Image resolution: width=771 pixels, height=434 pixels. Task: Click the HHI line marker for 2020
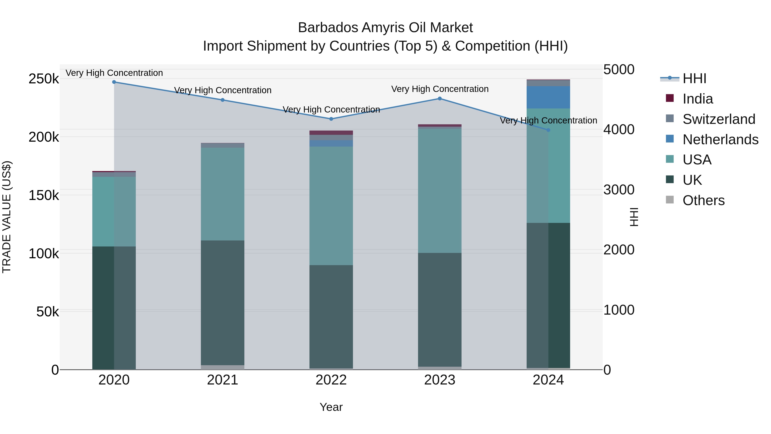coord(114,82)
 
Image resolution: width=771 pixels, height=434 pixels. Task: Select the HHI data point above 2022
coord(331,119)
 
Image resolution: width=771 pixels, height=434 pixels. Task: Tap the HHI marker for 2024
coord(548,130)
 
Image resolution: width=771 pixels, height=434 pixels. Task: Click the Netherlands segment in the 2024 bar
coord(548,97)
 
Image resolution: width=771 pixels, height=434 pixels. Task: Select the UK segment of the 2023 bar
coord(439,309)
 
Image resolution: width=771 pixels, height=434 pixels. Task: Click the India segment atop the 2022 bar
coord(331,133)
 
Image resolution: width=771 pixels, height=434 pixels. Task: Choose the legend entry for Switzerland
coord(719,119)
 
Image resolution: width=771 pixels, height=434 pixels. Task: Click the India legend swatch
coord(670,98)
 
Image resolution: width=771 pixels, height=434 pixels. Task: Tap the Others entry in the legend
coord(703,200)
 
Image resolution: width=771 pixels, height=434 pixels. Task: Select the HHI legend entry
coord(694,78)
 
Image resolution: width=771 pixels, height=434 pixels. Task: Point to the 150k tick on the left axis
coord(44,196)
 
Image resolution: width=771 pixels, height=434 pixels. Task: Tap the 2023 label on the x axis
coord(439,380)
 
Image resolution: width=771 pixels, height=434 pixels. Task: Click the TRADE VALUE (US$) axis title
coord(7,217)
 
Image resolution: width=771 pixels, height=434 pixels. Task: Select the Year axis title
coord(331,407)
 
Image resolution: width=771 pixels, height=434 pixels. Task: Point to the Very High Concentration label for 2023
coord(440,89)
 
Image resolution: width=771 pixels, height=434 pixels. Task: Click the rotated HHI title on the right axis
coord(634,217)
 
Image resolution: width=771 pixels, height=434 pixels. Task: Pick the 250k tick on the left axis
coord(44,79)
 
